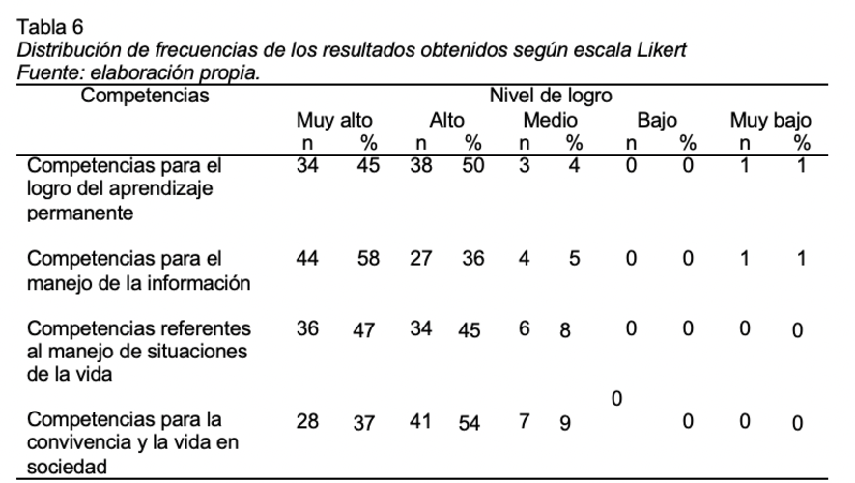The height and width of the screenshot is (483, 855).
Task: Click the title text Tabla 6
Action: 50,26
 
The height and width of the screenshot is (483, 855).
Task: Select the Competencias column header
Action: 145,96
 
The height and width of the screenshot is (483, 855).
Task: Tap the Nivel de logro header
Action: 551,96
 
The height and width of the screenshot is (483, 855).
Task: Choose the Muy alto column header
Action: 334,120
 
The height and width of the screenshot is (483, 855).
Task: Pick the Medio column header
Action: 550,120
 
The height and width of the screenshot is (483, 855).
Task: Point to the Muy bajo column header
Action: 771,120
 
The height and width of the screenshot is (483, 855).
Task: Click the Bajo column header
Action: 657,120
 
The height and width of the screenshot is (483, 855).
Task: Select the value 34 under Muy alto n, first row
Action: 307,165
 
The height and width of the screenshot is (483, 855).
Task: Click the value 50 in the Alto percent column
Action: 472,165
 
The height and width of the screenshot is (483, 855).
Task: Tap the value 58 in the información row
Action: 368,258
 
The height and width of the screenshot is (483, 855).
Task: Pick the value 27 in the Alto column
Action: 421,258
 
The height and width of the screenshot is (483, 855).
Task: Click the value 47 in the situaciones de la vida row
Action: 363,329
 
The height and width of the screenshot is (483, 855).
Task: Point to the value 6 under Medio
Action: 524,328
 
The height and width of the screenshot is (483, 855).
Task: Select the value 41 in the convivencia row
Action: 420,421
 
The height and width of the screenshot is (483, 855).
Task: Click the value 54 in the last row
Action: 469,423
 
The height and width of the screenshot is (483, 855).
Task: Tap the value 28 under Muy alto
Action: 307,421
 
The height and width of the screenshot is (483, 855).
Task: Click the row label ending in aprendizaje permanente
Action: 125,188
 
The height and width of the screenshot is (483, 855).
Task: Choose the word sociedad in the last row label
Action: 67,467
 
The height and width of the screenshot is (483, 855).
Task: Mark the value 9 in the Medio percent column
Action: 565,423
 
